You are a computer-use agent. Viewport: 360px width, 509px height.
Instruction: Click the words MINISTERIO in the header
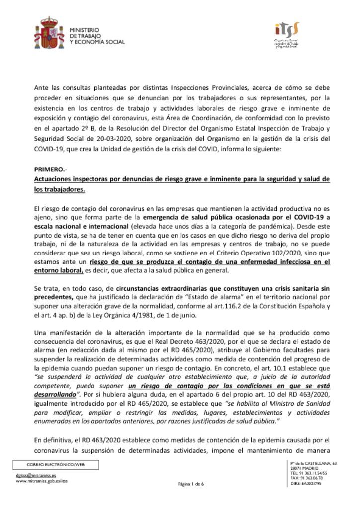[x=85, y=30]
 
